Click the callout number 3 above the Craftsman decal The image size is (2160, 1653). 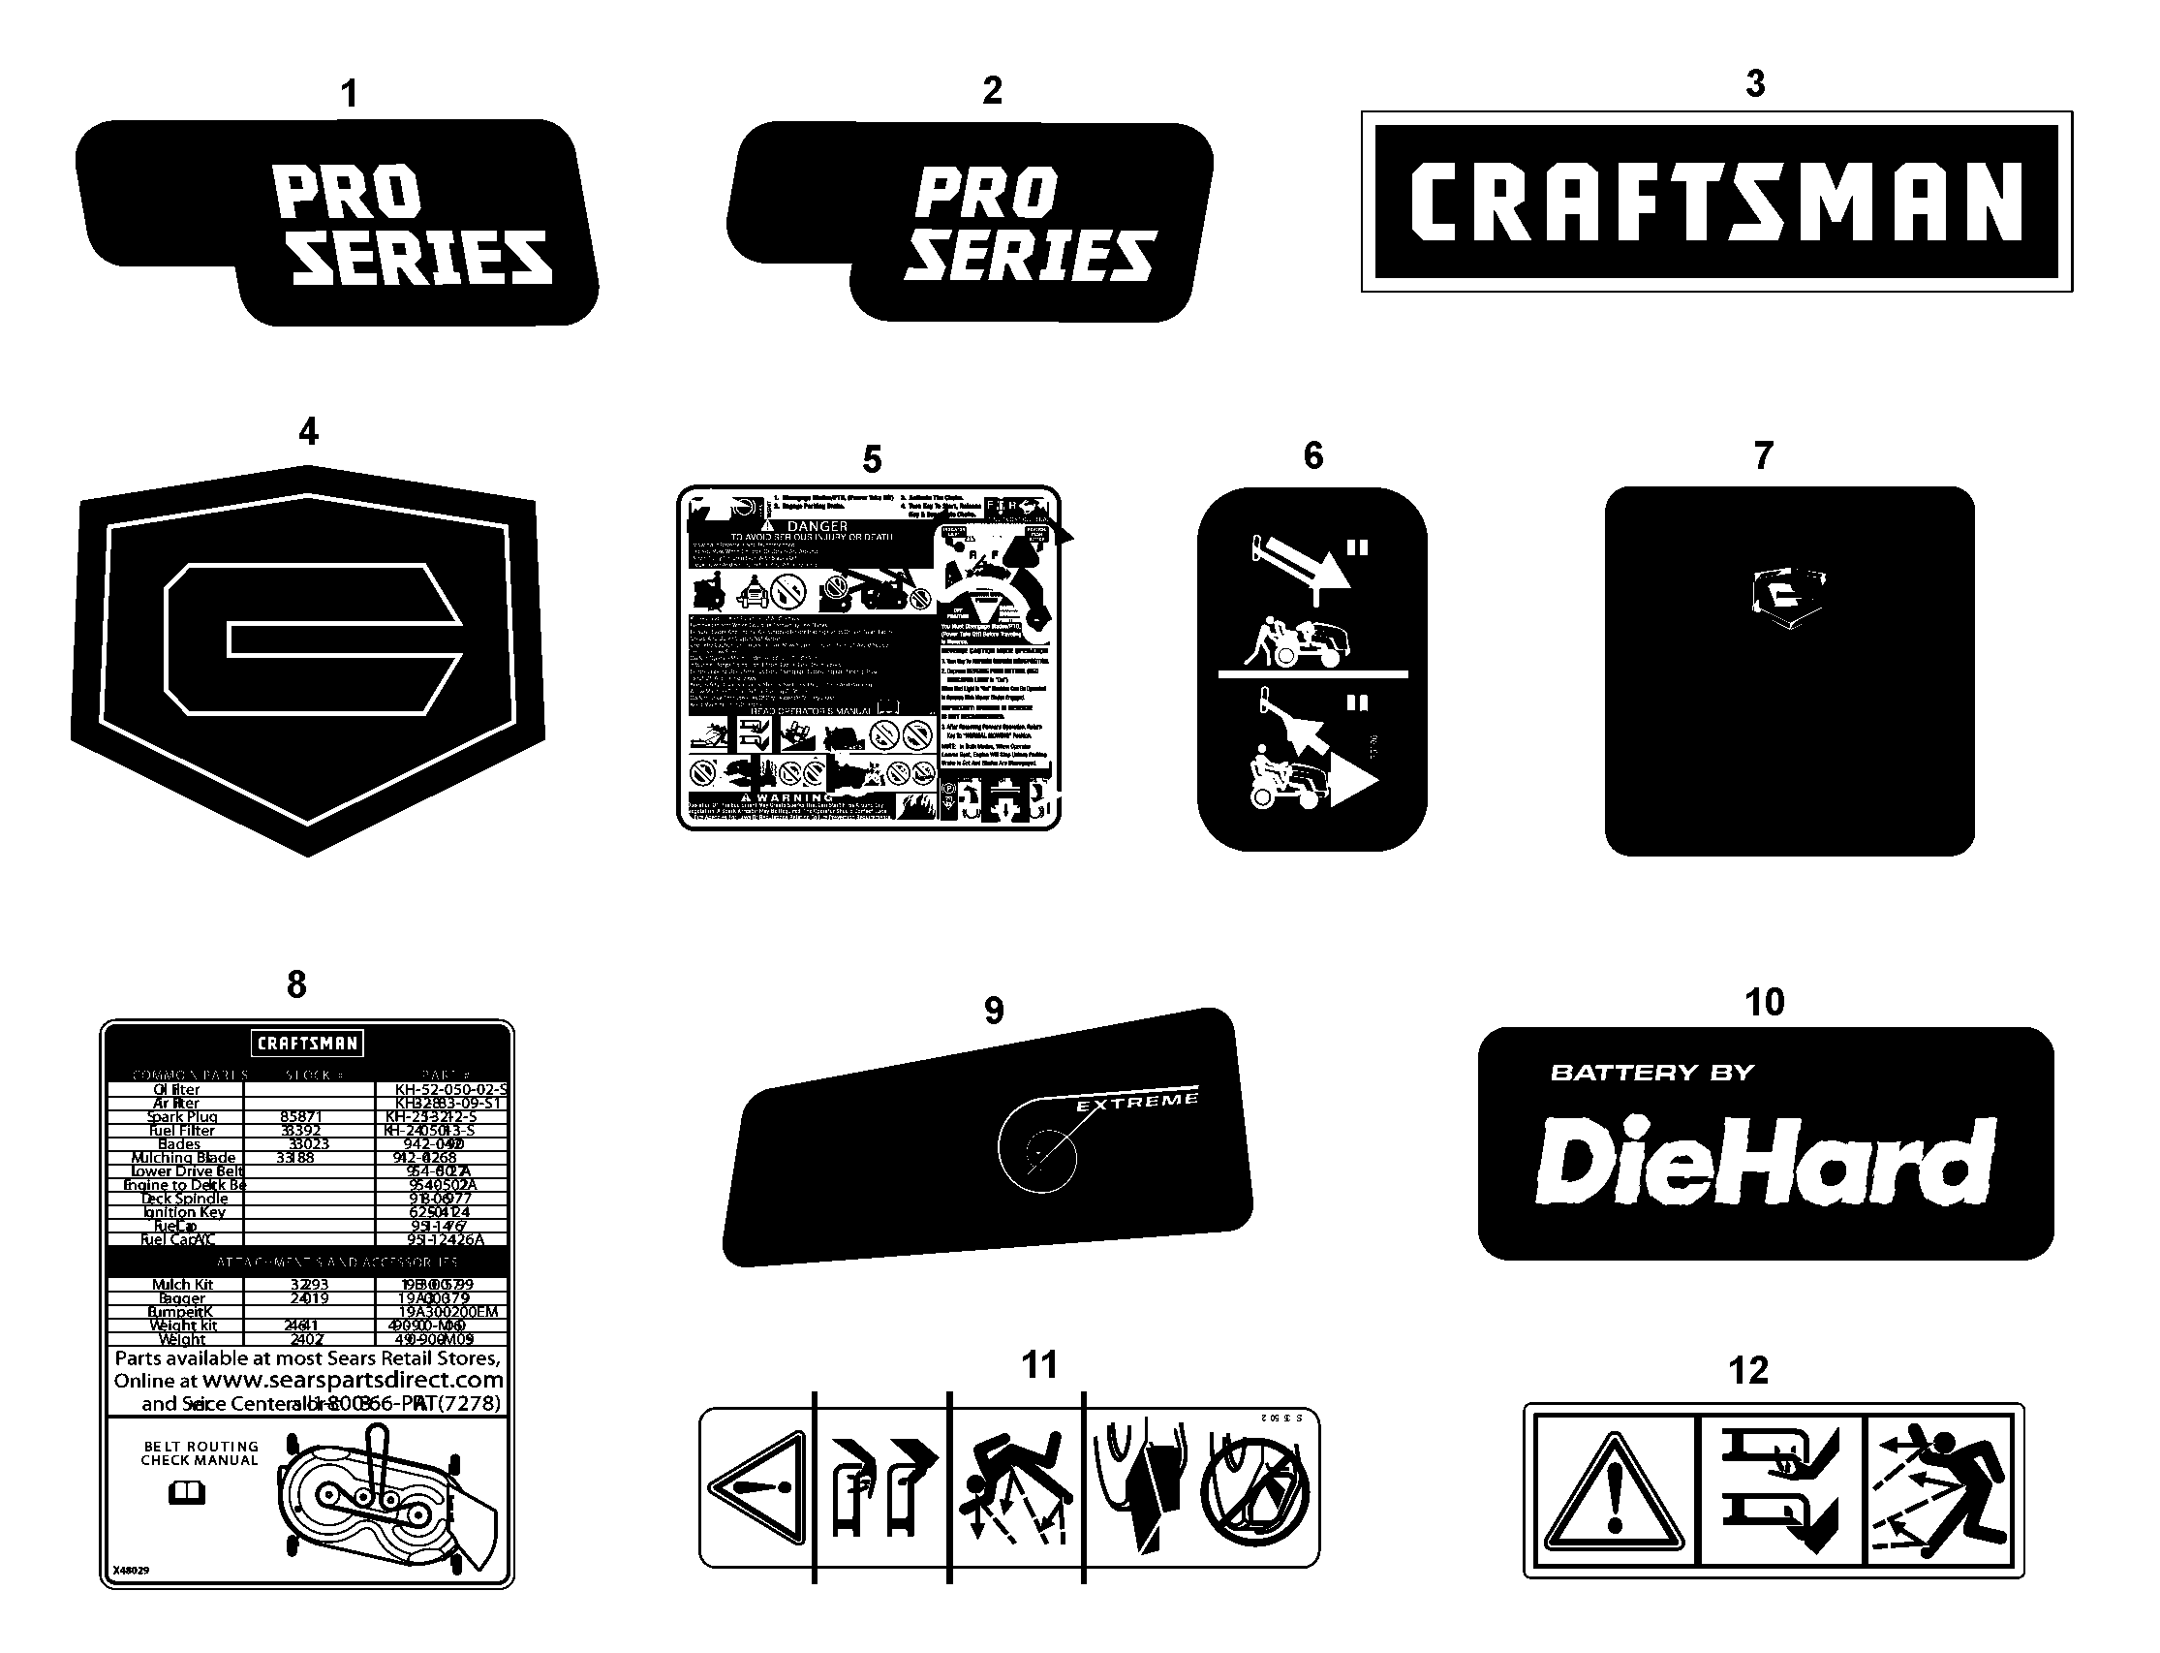[1755, 83]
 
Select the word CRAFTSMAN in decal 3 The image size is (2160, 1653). [1715, 202]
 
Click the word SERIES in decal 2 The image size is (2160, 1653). [1029, 256]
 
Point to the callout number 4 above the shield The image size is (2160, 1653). [308, 431]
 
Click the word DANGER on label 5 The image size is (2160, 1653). [818, 527]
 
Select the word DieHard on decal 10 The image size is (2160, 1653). [1765, 1161]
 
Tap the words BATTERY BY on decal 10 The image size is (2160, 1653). [1652, 1073]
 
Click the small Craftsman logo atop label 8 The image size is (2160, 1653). [307, 1043]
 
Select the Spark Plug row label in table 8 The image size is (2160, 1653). [182, 1117]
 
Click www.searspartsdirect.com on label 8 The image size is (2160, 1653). [352, 1380]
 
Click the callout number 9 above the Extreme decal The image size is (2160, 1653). [994, 1011]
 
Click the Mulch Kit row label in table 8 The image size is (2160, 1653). [183, 1285]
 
